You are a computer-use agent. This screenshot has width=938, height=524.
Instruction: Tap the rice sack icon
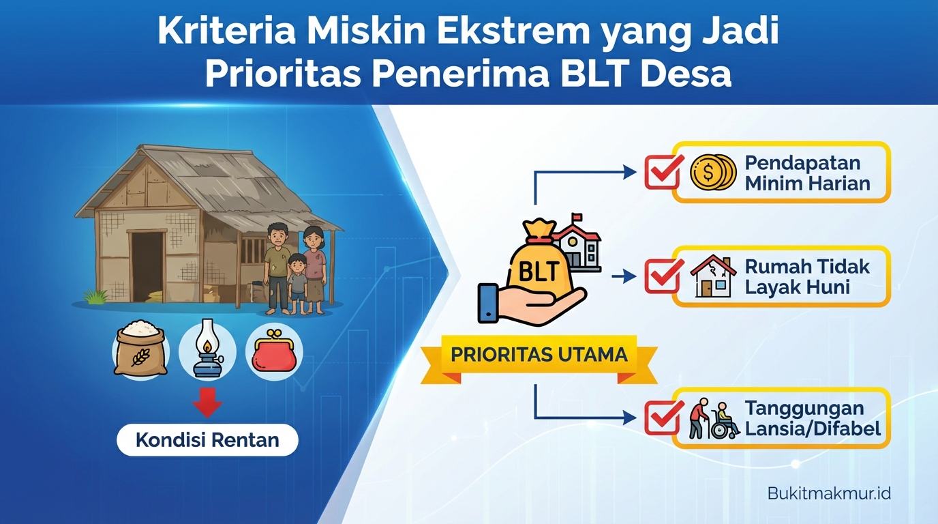point(140,349)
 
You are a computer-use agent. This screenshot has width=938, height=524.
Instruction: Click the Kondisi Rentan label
point(207,440)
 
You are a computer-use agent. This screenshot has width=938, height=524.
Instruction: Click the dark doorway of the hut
point(147,266)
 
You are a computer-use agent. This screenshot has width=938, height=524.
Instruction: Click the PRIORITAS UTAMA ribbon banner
point(538,355)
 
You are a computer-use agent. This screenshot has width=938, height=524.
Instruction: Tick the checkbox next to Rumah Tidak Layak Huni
point(663,276)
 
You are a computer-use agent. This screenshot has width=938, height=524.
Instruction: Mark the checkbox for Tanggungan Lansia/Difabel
point(663,418)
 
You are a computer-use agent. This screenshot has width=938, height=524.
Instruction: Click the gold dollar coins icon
point(712,172)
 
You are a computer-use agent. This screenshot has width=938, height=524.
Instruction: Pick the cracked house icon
point(712,276)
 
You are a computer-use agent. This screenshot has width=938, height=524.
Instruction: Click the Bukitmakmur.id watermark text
point(829,493)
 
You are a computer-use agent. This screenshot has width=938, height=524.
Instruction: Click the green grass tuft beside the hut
point(95,296)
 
